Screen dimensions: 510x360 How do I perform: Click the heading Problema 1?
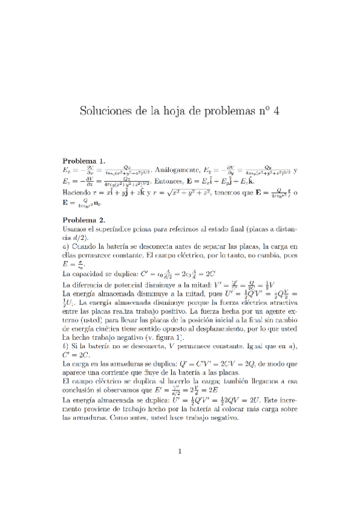coord(84,161)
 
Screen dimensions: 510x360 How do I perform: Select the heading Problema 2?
coord(84,220)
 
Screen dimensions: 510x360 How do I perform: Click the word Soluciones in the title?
coord(109,111)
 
